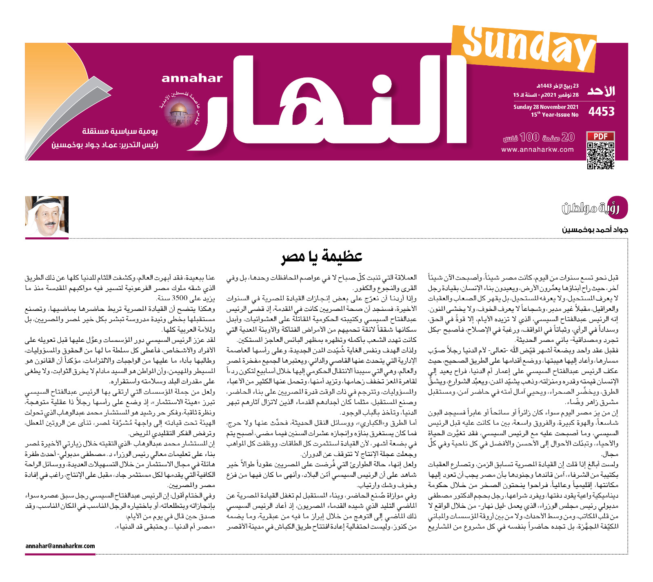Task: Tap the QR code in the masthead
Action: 600,155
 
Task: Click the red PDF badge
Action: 600,136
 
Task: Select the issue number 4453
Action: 601,111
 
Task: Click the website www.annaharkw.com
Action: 538,150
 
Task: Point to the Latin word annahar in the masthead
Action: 192,78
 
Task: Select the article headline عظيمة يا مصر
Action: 322,256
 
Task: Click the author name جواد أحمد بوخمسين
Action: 595,230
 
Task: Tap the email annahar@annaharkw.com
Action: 60,546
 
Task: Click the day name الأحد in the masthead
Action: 601,91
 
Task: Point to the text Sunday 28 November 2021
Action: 546,107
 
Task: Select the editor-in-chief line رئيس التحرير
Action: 104,145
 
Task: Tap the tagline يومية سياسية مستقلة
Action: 120,131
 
